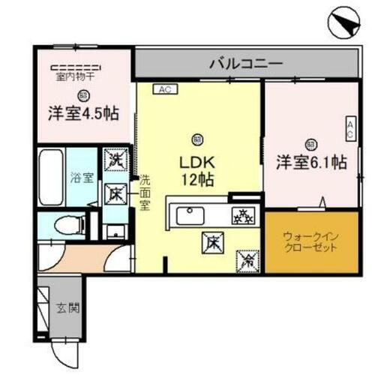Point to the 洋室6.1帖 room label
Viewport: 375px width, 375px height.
(x=310, y=161)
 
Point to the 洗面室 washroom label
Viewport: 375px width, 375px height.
(x=145, y=193)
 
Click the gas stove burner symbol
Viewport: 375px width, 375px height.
(x=241, y=214)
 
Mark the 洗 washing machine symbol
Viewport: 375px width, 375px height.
(x=115, y=160)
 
